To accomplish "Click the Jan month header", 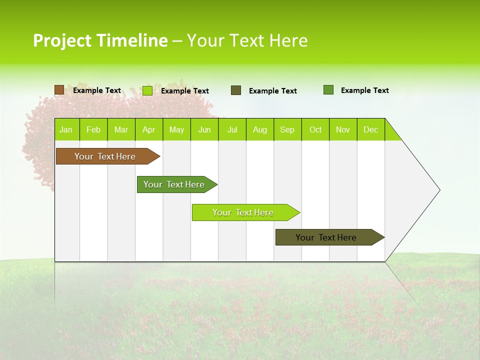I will coord(66,129).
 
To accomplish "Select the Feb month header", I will coord(93,129).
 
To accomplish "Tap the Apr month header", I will coord(148,129).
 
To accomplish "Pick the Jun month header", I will coord(204,129).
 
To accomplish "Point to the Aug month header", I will coord(260,129).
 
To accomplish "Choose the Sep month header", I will coord(287,129).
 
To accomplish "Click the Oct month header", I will coord(315,129).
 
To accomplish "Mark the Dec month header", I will coord(371,129).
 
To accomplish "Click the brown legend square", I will coord(59,90).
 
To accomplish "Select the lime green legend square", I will coord(147,90).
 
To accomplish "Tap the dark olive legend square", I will coord(236,90).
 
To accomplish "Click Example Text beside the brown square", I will coord(97,90).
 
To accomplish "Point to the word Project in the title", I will coord(62,40).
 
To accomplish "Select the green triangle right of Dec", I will coord(391,133).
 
